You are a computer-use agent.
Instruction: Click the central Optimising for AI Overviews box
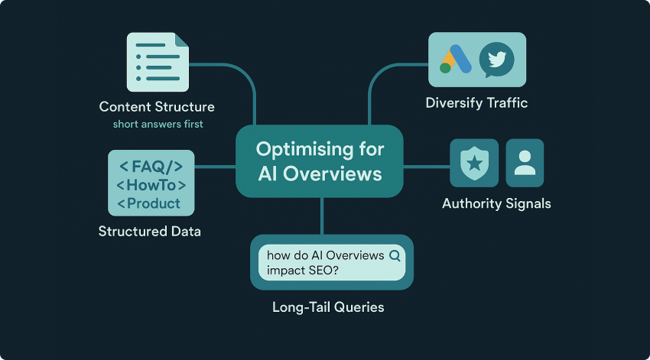click(320, 161)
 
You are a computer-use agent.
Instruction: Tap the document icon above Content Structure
click(157, 63)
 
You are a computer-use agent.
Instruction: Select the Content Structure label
click(157, 107)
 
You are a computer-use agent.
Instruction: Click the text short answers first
click(158, 124)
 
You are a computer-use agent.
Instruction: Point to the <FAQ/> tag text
click(151, 167)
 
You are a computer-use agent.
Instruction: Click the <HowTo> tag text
click(151, 185)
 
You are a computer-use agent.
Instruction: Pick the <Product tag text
click(149, 203)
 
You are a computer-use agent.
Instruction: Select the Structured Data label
click(150, 231)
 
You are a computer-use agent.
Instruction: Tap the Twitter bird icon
click(496, 60)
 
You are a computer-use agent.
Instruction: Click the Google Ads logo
click(455, 60)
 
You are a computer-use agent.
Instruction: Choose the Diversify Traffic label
click(476, 103)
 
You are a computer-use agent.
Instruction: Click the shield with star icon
click(474, 163)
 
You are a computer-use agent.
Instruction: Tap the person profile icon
click(525, 163)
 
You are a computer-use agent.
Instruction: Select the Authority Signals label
click(496, 203)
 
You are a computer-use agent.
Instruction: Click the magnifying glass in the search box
click(395, 256)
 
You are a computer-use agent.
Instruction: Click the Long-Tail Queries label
click(328, 307)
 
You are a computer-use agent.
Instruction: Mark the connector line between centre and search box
click(322, 216)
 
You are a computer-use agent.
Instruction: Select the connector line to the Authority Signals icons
click(426, 166)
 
